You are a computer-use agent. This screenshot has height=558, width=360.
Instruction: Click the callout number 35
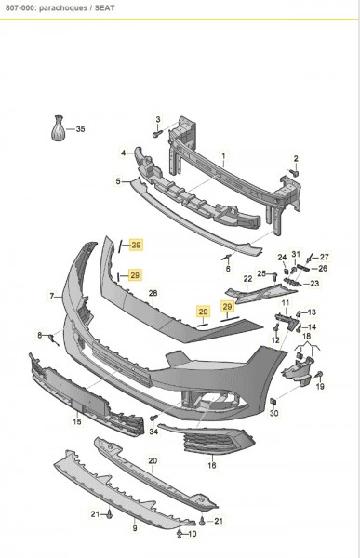(81, 129)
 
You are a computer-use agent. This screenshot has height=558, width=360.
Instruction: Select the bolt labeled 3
(157, 135)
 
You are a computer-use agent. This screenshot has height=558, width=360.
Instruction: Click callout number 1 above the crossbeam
(223, 156)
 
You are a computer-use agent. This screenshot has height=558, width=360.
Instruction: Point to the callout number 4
(123, 153)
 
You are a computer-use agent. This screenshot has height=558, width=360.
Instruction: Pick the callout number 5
(118, 181)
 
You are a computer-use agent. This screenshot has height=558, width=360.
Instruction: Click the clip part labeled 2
(295, 173)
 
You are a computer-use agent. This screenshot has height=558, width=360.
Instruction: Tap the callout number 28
(153, 293)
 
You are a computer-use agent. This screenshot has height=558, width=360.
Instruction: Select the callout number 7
(52, 296)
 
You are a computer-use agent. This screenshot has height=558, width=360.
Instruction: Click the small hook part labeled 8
(53, 339)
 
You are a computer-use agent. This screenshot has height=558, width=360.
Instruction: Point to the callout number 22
(247, 279)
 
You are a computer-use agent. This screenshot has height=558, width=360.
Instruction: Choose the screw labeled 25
(275, 274)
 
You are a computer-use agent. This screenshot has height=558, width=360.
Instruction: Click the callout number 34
(153, 432)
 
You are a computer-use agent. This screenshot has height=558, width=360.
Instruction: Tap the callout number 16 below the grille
(212, 465)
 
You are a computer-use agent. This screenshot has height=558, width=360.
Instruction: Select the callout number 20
(153, 460)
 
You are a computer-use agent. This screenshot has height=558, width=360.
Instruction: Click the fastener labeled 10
(180, 533)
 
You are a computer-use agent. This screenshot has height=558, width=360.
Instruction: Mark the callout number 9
(135, 528)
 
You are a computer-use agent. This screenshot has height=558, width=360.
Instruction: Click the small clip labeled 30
(273, 402)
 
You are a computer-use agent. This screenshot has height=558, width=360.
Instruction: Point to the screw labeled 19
(319, 374)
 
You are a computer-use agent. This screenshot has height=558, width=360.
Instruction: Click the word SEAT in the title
(104, 7)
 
